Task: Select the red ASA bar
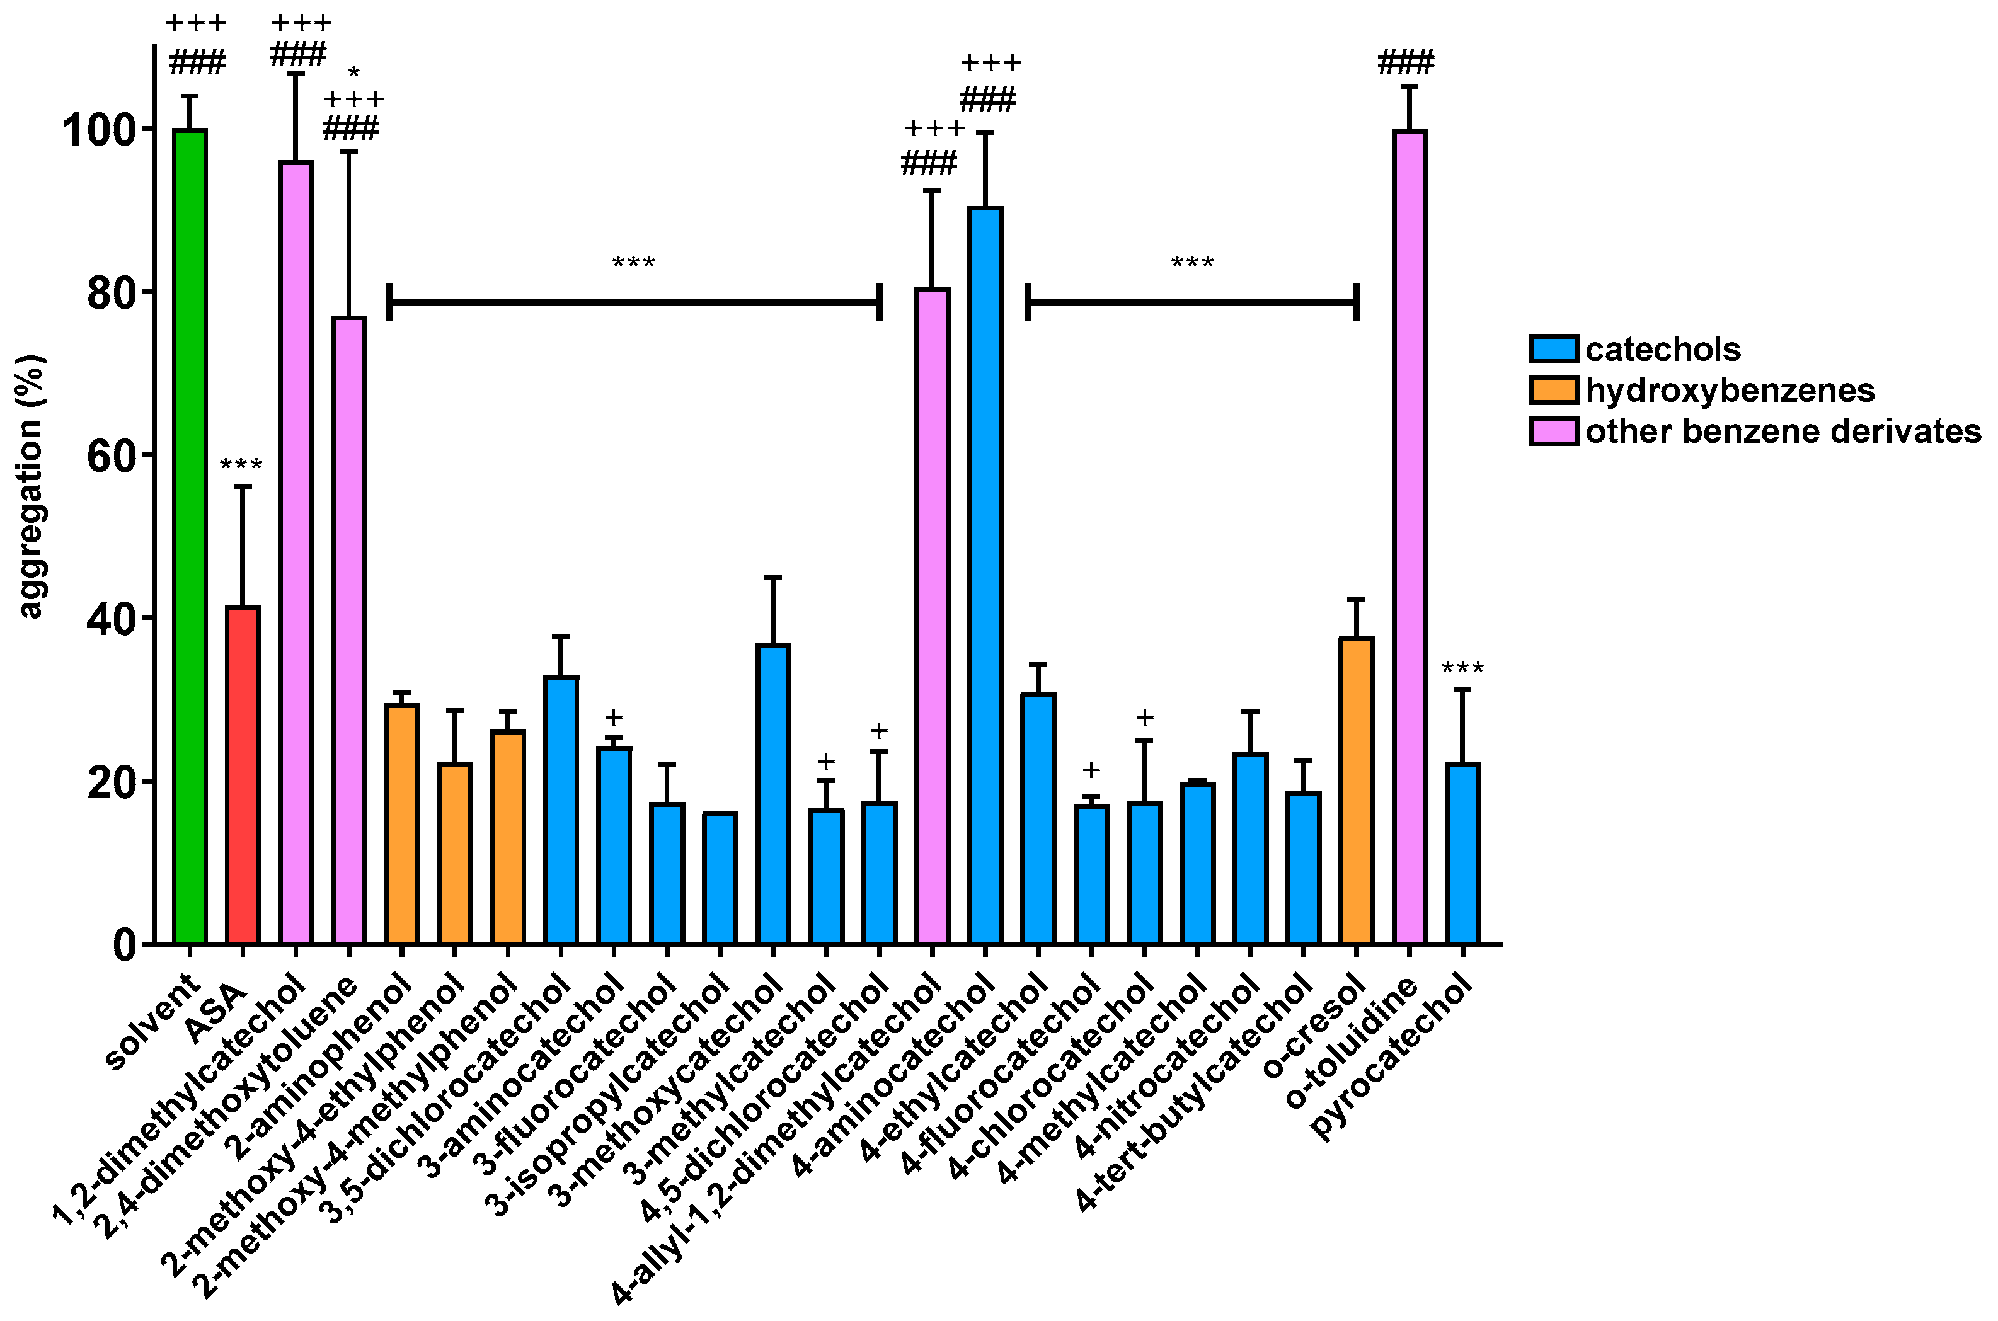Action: [243, 774]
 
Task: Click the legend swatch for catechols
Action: [1553, 349]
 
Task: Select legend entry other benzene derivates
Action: [1783, 432]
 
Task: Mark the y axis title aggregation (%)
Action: [30, 487]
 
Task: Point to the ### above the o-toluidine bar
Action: [1406, 63]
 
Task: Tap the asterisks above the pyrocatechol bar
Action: [1462, 669]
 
